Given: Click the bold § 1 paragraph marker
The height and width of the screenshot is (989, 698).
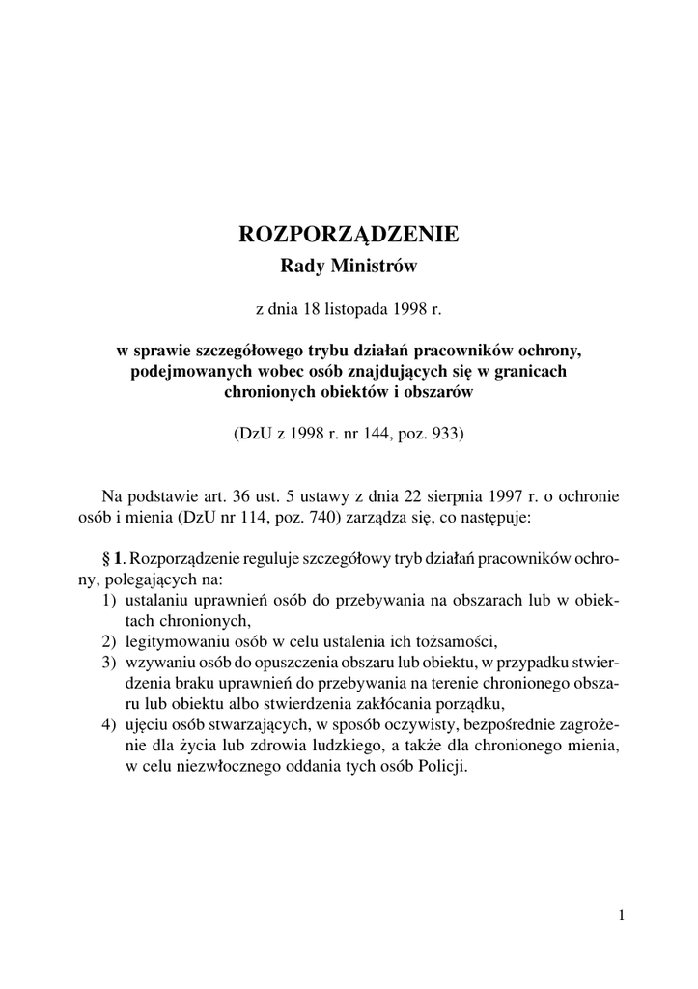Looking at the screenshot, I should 113,559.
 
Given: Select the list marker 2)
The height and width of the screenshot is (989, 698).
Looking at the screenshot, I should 110,641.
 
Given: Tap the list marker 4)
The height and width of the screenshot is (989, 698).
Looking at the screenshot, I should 110,724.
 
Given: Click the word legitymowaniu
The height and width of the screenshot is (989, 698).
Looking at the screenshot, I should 172,641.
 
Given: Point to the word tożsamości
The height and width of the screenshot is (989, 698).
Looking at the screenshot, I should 458,641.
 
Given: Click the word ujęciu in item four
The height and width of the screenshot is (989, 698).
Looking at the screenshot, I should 146,724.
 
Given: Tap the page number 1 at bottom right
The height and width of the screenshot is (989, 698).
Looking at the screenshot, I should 622,916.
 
